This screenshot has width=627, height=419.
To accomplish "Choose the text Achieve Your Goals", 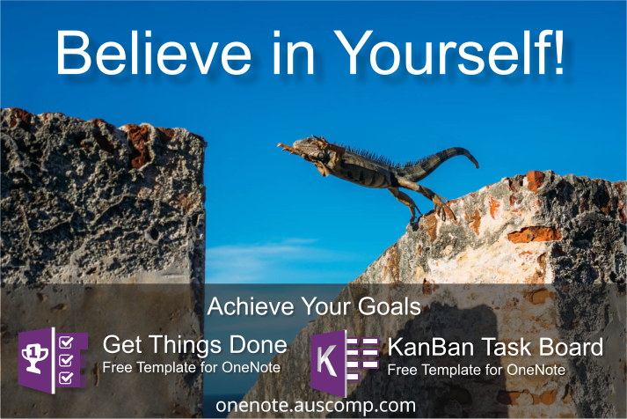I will (x=313, y=307).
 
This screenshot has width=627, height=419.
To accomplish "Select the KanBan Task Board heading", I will (x=496, y=346).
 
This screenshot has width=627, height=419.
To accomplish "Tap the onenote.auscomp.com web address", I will (x=315, y=405).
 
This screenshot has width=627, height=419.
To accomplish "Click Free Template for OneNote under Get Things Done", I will (x=191, y=367).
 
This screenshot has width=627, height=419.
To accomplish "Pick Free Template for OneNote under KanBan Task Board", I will (x=477, y=369).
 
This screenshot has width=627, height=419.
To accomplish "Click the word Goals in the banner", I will (x=390, y=307).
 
